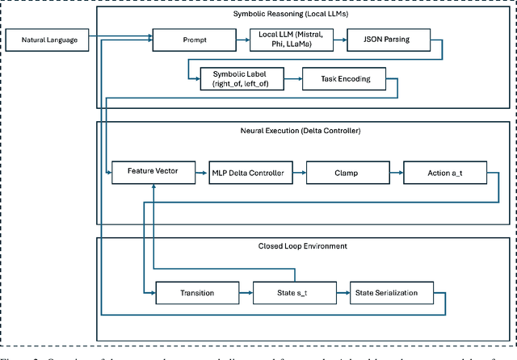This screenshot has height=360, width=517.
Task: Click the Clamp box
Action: tap(344, 171)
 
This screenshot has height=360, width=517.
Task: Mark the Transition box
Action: tap(191, 291)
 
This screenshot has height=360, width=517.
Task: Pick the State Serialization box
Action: tap(390, 291)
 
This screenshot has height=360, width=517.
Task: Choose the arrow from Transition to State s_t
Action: tap(240, 291)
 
